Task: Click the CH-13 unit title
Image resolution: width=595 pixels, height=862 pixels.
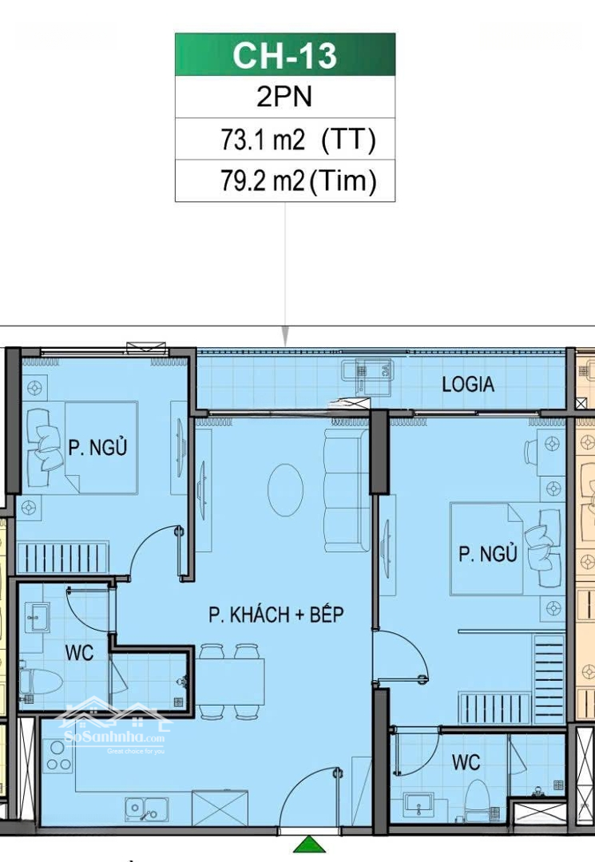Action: tap(284, 55)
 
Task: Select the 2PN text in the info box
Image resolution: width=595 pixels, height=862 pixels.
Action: tap(284, 97)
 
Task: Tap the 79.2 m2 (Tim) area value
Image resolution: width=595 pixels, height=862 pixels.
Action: tap(299, 180)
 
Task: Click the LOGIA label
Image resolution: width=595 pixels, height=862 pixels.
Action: tap(468, 384)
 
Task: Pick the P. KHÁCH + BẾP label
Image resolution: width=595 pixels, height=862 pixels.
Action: tap(276, 614)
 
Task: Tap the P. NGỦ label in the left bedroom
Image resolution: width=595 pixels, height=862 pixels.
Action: tap(97, 447)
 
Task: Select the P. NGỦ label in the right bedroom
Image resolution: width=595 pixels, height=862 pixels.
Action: tap(488, 553)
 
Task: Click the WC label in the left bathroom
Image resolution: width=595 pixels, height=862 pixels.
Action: tap(79, 653)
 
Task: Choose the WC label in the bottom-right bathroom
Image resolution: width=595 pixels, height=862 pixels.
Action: tap(466, 762)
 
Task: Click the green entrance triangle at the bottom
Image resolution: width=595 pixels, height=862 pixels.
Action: tap(310, 844)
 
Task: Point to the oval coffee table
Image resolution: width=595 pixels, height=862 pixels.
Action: tap(285, 490)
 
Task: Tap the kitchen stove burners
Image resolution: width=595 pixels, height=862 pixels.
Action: tap(58, 756)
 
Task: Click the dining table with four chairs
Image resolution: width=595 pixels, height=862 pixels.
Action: tap(230, 682)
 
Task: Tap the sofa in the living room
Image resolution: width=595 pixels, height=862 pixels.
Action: tap(347, 490)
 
